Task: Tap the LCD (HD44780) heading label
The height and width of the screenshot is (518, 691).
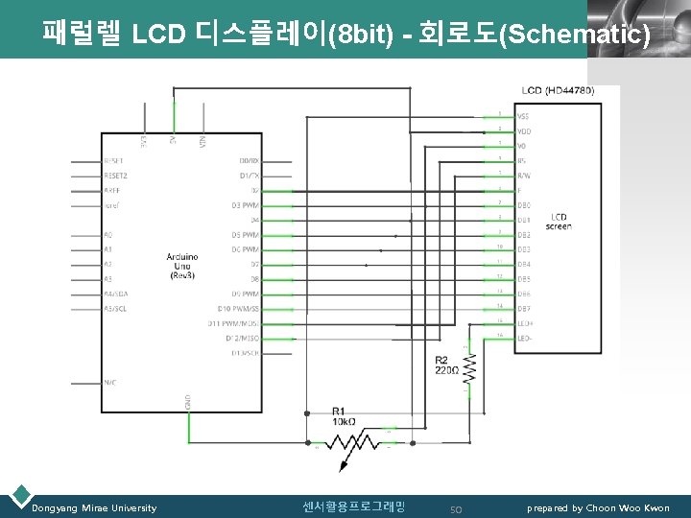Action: point(558,90)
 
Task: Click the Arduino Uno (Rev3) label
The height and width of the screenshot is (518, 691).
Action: point(182,266)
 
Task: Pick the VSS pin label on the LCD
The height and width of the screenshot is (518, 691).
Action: point(524,116)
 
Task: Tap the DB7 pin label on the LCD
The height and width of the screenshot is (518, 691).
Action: point(524,309)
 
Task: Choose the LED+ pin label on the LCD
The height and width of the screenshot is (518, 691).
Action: point(525,323)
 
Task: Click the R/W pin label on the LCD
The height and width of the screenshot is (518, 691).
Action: point(524,176)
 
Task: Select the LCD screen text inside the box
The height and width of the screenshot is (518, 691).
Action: point(558,221)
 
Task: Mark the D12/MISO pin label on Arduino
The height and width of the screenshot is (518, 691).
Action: point(244,338)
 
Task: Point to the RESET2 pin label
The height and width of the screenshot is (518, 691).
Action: point(115,176)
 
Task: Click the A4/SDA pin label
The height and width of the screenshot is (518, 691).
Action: point(115,294)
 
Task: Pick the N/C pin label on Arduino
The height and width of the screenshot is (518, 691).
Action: point(109,382)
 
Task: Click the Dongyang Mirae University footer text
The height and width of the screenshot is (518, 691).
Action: point(94,507)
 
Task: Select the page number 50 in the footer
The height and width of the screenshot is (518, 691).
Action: point(457,508)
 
